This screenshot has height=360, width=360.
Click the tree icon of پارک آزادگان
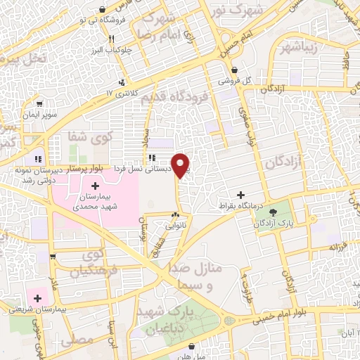(x=274, y=211)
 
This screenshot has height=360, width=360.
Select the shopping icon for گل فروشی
(x=234, y=70)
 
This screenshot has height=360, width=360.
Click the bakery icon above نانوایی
(x=175, y=216)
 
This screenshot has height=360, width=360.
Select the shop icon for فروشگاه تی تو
(x=104, y=9)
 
